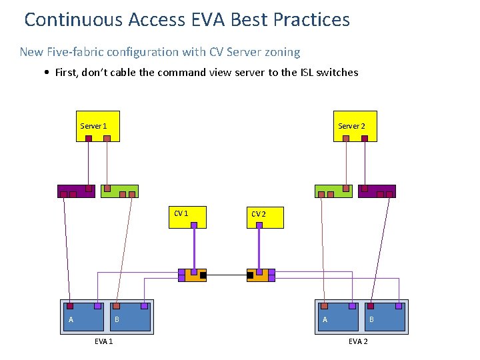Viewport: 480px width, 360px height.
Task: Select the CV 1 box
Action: [187, 217]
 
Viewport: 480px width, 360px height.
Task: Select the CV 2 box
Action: [265, 217]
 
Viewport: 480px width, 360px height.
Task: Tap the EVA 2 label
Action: [358, 342]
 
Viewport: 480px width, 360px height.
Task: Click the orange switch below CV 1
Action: [191, 275]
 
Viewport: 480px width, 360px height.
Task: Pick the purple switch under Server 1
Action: [76, 191]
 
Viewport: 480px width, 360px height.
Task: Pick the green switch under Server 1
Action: [119, 191]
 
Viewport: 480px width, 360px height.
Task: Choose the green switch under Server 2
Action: [333, 191]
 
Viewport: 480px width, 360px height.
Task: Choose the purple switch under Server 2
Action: [377, 191]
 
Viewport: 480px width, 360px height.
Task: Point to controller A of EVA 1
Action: [83, 317]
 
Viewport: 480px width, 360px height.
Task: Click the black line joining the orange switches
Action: [227, 275]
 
